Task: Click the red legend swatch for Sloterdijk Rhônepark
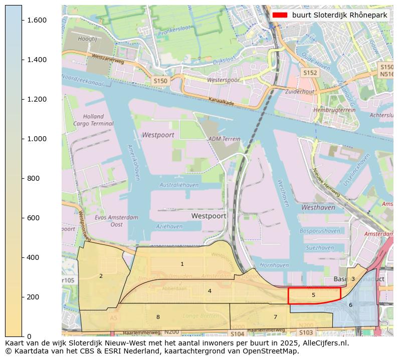pos(280,15)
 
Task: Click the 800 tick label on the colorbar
pos(33,178)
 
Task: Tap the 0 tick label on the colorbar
pos(29,336)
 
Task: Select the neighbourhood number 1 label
pos(182,264)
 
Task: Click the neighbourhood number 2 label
pos(101,276)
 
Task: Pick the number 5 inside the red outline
pos(313,295)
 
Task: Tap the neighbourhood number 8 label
pos(158,317)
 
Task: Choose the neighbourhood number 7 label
pos(275,317)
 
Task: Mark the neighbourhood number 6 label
pos(350,305)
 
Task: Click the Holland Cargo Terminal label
pos(93,120)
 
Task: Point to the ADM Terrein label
pos(221,139)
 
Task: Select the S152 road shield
pos(310,73)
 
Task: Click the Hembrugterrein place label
pos(330,110)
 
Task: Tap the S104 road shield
pos(237,333)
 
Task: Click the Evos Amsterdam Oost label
pos(116,221)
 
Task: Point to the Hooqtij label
pos(87,39)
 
